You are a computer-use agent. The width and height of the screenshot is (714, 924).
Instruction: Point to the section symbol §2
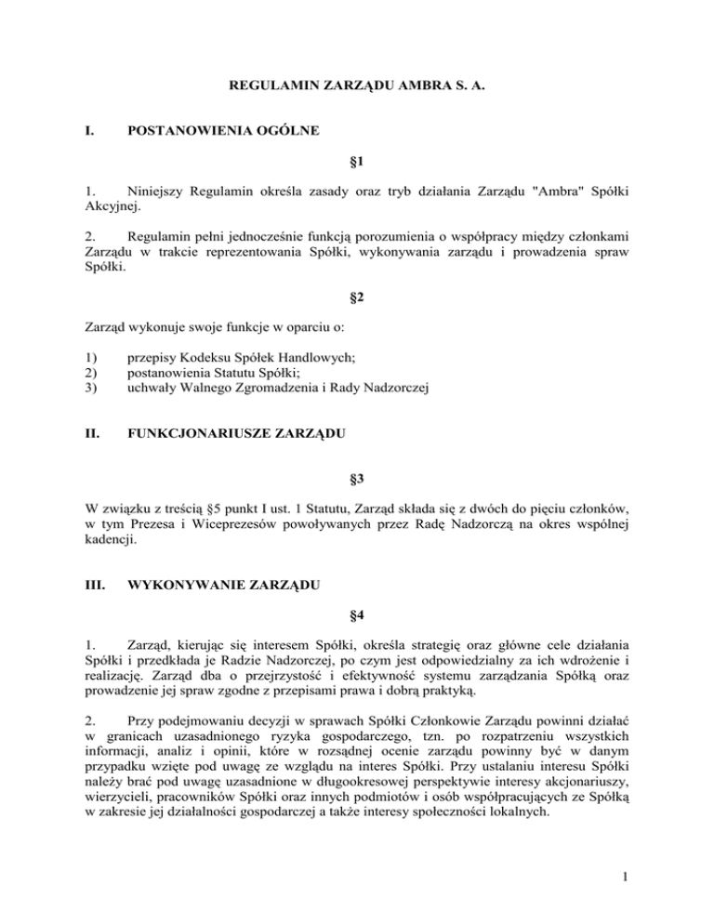(x=357, y=298)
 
